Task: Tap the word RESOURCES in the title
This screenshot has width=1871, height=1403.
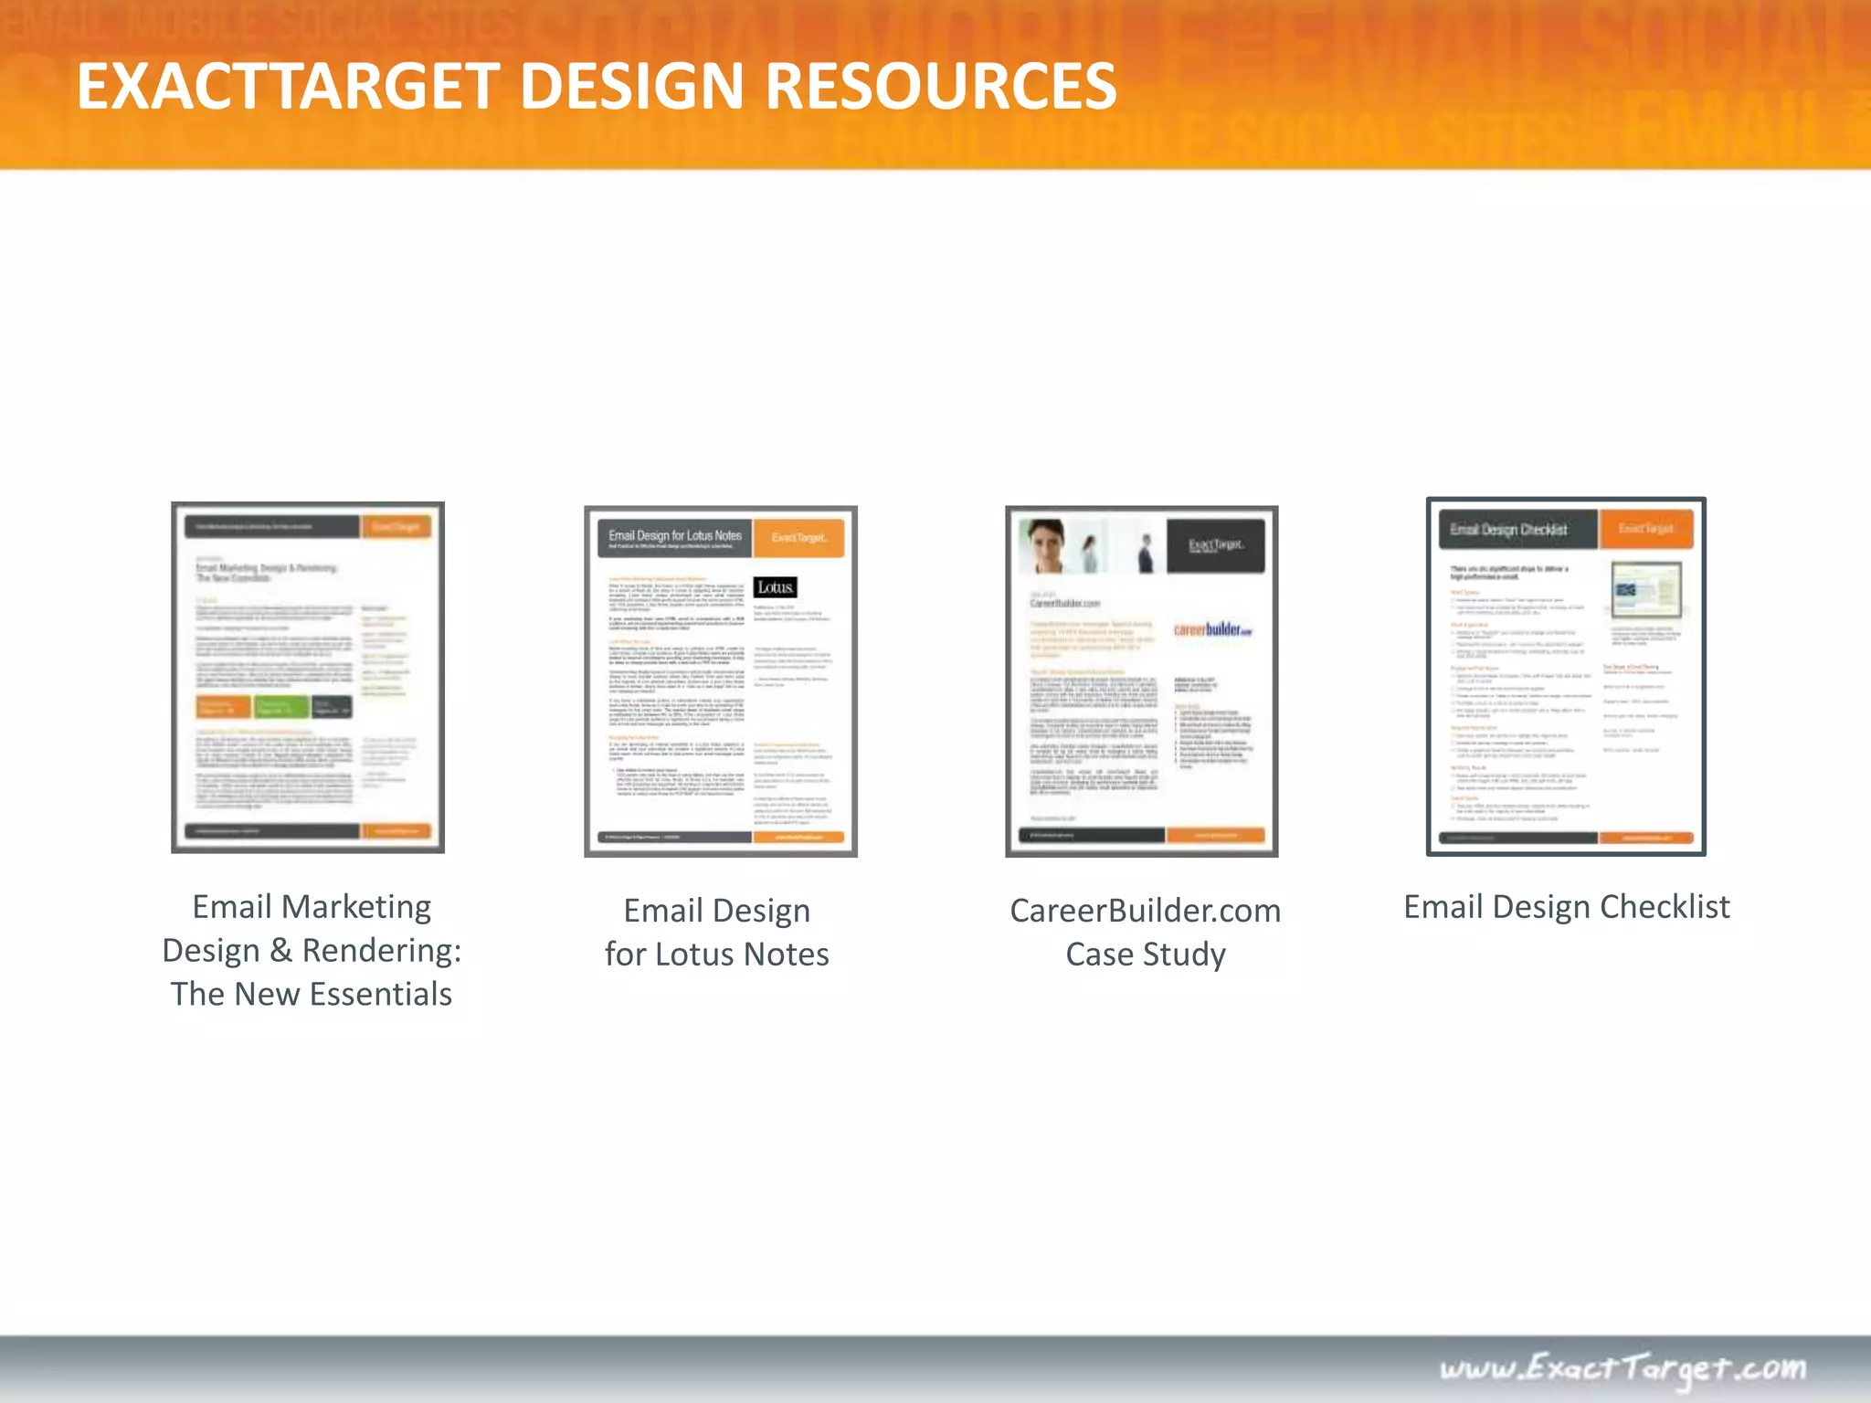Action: [940, 87]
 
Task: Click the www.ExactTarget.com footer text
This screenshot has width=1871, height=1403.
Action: [1623, 1368]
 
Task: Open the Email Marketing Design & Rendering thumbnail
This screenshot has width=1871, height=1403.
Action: [308, 677]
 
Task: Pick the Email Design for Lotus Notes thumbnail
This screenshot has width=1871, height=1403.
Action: [721, 680]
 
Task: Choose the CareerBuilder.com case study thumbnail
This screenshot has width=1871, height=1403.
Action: [1141, 680]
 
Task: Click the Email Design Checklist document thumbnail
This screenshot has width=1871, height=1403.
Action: [1566, 676]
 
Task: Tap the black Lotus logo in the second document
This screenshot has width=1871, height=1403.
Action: [776, 587]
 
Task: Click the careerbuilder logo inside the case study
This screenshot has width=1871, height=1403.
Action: [1212, 629]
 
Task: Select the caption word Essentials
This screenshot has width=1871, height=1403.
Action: [381, 994]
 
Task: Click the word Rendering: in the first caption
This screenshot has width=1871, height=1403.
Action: [382, 951]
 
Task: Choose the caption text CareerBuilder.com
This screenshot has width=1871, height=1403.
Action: [1145, 911]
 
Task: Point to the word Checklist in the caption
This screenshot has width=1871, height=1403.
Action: [1665, 907]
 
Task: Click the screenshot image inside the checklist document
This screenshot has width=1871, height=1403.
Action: [1646, 590]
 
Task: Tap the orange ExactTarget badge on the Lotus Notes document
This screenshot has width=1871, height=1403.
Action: [798, 537]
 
